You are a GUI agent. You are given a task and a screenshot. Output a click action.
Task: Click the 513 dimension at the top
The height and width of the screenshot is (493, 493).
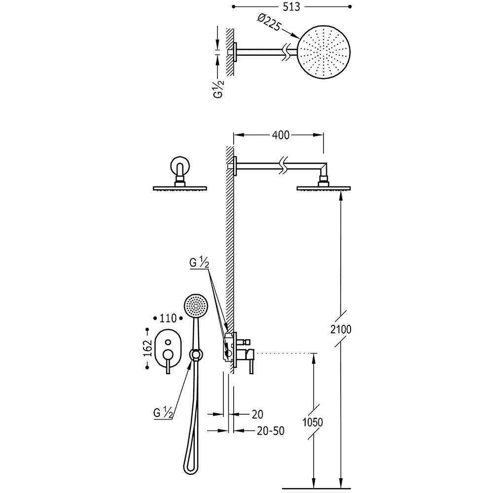coord(291,7)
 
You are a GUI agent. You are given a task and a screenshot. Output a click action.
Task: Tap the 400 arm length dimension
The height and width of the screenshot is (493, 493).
coord(281,135)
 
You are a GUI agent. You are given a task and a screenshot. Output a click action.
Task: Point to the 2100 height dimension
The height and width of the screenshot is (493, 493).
coord(341,329)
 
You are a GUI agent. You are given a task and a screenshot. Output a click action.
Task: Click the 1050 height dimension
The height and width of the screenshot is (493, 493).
coord(313,422)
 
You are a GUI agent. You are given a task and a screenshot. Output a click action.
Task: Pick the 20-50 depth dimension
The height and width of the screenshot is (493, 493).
coord(271,430)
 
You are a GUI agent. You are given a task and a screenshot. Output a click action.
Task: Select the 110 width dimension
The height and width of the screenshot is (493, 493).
coord(168,318)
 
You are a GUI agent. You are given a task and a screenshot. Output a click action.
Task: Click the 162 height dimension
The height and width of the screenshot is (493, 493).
coord(148,348)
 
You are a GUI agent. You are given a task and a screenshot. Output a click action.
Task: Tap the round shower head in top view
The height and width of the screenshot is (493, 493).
coord(324,52)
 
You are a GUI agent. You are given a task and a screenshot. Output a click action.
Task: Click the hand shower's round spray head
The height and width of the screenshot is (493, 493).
coord(195,305)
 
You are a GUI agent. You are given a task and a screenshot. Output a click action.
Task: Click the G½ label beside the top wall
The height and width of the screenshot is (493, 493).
coord(219,88)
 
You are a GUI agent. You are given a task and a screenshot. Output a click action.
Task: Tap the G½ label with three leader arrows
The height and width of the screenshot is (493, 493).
coord(199,263)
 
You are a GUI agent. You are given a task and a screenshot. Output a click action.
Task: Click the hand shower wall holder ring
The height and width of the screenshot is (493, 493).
coord(196,354)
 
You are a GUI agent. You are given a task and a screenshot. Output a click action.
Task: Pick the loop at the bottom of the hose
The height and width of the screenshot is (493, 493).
coord(188,460)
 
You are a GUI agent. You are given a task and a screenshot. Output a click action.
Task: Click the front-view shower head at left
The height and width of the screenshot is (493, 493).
coord(180,188)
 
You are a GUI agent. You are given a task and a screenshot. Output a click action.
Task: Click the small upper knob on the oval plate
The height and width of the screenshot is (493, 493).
coord(168,342)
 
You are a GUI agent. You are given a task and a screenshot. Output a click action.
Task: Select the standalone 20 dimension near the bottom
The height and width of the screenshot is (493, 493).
coord(257,415)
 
